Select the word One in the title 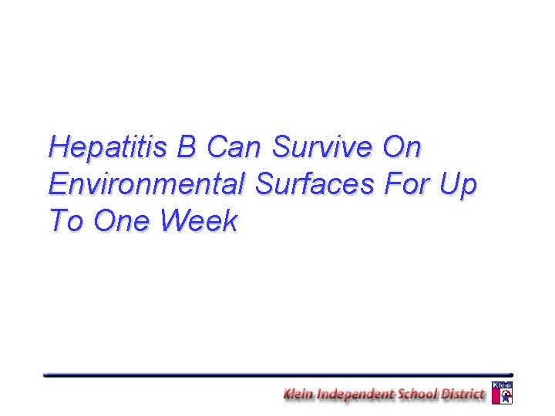click(x=123, y=222)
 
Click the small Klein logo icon click(x=502, y=392)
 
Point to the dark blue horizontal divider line click(x=277, y=374)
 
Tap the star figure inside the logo click(x=503, y=396)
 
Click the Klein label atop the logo click(x=502, y=384)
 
